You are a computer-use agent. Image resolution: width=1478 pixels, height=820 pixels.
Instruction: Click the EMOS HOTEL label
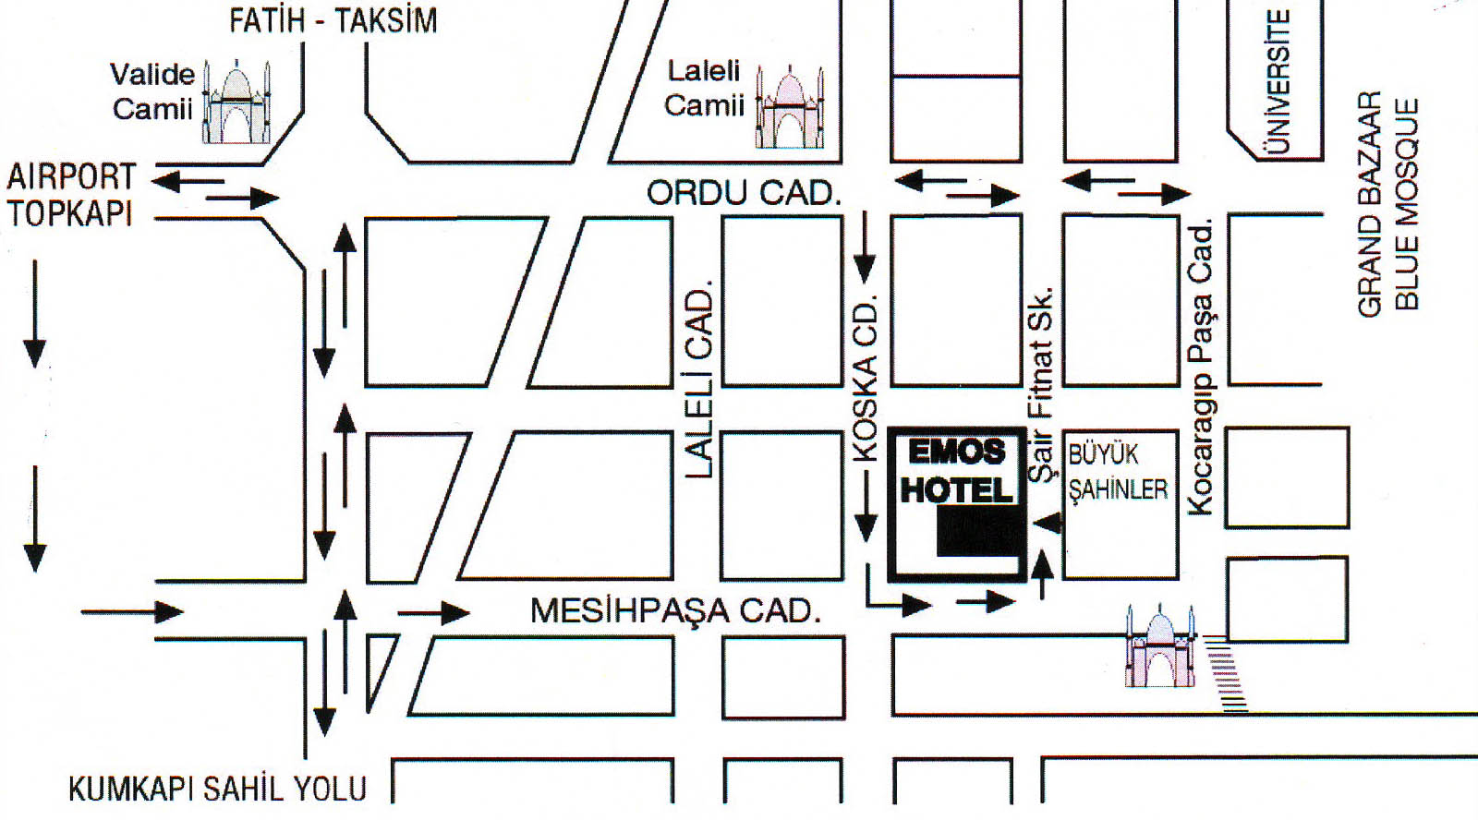(x=957, y=471)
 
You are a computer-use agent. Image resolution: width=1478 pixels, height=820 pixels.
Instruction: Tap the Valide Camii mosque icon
(x=236, y=103)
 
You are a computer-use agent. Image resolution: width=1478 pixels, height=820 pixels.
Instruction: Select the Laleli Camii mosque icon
(x=790, y=108)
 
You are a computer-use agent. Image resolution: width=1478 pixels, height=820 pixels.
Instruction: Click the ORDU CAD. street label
(x=744, y=193)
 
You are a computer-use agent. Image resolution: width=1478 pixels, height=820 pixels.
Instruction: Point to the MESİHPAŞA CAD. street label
(x=675, y=610)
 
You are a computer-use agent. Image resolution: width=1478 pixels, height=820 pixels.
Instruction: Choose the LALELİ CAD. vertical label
(x=700, y=380)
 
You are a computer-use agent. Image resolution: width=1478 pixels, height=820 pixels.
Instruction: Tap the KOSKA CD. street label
(x=865, y=378)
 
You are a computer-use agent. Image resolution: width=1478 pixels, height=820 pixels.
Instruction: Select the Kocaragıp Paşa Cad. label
(x=1200, y=368)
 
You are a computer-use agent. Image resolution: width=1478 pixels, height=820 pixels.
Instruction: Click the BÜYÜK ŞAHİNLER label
(x=1118, y=472)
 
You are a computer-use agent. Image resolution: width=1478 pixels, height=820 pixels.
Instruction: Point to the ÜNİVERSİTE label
(x=1278, y=81)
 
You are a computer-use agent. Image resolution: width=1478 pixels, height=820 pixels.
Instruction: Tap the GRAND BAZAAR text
(x=1370, y=204)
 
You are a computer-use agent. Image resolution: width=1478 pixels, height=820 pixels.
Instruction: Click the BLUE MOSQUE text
(x=1405, y=204)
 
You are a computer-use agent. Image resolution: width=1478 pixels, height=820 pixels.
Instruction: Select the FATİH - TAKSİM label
(x=333, y=20)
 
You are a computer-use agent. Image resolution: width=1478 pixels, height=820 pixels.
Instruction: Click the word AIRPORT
(x=71, y=175)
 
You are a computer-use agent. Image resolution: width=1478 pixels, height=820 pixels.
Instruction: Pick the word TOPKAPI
(x=70, y=213)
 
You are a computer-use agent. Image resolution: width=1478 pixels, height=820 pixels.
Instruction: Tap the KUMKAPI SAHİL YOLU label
(x=218, y=789)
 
